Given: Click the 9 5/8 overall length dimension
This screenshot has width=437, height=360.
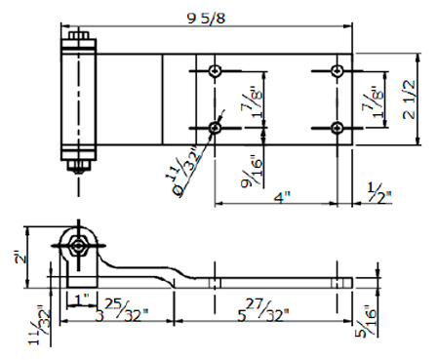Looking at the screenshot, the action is click(206, 19).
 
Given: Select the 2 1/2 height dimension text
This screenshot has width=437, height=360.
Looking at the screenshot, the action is click(409, 100).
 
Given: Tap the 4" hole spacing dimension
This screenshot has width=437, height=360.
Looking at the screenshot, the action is click(282, 197).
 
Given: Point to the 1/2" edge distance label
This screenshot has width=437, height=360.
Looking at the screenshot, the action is click(379, 193).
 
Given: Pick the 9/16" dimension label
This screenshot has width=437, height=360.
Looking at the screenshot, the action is click(252, 173).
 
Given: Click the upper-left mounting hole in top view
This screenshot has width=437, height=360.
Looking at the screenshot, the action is click(215, 70).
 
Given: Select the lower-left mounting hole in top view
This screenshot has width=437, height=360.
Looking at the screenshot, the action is click(215, 128).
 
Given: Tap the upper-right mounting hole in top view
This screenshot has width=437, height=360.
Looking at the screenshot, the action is click(337, 70).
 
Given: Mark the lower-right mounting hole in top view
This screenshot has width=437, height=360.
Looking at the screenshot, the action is click(337, 128).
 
